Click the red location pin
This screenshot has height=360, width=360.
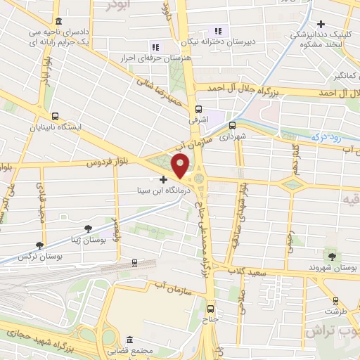[x=181, y=166]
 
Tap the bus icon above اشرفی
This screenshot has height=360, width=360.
[x=199, y=109]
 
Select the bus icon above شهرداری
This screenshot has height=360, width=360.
[x=233, y=125]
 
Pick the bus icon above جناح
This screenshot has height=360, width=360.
[x=210, y=307]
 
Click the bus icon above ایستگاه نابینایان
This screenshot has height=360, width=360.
[x=55, y=117]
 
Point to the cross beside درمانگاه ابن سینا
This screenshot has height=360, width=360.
[x=164, y=179]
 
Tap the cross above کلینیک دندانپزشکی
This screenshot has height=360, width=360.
[x=320, y=24]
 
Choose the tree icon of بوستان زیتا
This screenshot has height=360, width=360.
[x=88, y=229]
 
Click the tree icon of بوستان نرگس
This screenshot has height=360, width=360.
[x=39, y=245]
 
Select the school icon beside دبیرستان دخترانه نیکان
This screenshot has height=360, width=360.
[x=218, y=31]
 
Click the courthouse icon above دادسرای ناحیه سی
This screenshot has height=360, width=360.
[x=57, y=22]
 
